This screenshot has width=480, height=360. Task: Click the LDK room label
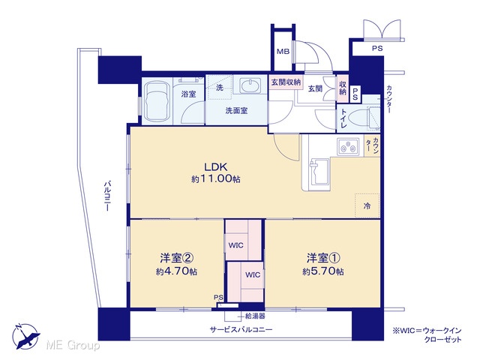click(216, 166)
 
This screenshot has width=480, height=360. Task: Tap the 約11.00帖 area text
click(216, 179)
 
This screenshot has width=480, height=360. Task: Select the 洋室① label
click(323, 258)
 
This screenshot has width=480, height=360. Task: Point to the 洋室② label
click(177, 258)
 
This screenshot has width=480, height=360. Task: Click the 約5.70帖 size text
click(323, 271)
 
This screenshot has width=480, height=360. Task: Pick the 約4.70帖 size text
click(177, 271)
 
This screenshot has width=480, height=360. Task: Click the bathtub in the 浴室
click(157, 101)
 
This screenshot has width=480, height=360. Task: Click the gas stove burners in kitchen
click(348, 146)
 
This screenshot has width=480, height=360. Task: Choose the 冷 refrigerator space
click(367, 205)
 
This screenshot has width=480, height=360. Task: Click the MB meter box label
click(283, 52)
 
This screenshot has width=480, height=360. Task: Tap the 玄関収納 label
click(286, 82)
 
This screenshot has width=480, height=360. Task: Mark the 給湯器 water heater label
click(255, 316)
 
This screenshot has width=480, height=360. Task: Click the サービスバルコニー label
click(241, 330)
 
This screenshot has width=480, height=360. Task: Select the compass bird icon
click(25, 336)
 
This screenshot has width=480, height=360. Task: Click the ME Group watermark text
click(73, 346)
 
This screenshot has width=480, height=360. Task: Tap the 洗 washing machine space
click(220, 88)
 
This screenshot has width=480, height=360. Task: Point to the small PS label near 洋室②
click(218, 297)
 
